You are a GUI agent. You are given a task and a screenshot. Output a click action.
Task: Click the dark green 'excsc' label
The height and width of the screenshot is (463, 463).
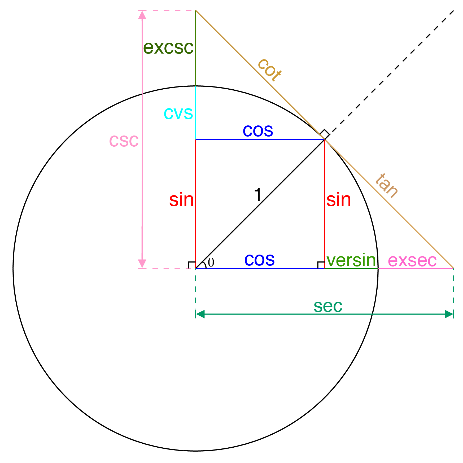168,48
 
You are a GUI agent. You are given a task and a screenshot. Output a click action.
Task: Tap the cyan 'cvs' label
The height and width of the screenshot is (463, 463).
178,113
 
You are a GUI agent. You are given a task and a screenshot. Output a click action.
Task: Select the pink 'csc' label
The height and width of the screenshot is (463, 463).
124,141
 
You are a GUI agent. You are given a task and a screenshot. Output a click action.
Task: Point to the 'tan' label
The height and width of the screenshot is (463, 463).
387,185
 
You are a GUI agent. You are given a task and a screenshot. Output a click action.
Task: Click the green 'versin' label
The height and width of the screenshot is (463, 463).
351,260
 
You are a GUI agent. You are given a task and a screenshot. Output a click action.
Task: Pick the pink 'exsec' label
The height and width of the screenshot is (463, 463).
412,261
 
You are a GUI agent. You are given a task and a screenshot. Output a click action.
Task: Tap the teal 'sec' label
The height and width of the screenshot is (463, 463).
328,306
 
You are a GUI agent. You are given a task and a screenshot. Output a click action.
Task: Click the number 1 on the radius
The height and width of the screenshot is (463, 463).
258,195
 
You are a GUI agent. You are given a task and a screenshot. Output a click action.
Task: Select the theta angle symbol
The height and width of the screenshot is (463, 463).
211,263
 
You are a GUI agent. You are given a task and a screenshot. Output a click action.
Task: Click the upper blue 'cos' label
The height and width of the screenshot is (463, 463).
258,130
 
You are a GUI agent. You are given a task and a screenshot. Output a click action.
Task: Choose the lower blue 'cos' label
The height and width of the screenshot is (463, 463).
259,260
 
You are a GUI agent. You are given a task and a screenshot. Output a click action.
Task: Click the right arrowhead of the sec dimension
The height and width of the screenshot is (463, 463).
449,314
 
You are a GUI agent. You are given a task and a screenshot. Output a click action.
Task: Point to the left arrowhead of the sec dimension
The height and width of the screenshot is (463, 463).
200,314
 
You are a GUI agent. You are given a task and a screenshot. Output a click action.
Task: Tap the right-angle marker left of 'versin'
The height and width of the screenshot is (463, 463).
321,265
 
